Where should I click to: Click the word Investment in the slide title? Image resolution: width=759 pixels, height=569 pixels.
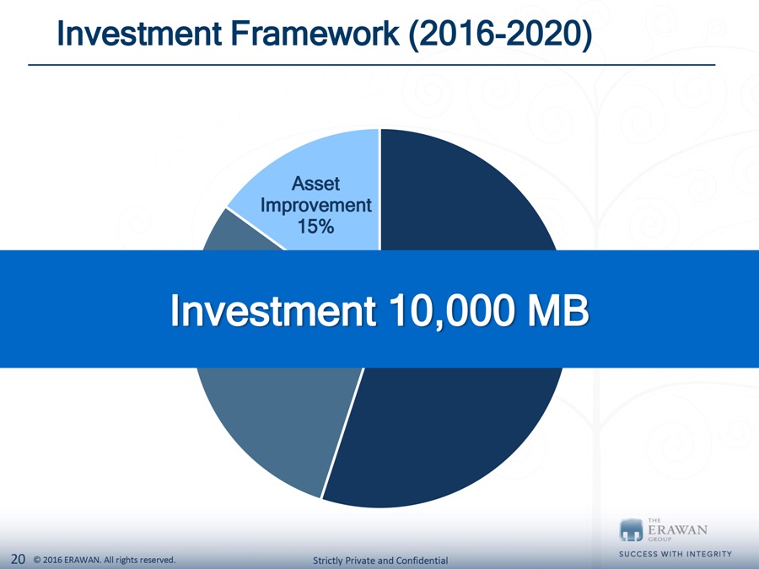(139, 34)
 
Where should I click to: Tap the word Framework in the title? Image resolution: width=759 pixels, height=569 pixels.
(315, 34)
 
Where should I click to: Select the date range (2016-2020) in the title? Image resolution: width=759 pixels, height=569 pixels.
(500, 35)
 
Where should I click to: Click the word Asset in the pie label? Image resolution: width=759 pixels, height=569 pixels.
(315, 184)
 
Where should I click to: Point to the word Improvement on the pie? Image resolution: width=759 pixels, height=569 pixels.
(315, 205)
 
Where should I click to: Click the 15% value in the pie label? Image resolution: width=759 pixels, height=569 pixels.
(315, 227)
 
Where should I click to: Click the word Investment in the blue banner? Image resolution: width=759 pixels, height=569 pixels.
(273, 310)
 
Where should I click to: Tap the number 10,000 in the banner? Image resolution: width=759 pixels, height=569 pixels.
(450, 312)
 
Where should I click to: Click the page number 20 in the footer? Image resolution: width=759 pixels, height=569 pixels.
(18, 559)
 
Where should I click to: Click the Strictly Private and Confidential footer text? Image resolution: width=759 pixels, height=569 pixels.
(380, 561)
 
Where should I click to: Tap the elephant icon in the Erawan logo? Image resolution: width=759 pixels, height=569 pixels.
(631, 530)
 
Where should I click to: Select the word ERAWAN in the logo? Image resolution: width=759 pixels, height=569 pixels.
(677, 529)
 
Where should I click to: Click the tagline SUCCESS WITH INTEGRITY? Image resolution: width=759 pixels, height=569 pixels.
(676, 554)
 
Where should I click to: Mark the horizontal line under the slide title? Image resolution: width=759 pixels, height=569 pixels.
(372, 64)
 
